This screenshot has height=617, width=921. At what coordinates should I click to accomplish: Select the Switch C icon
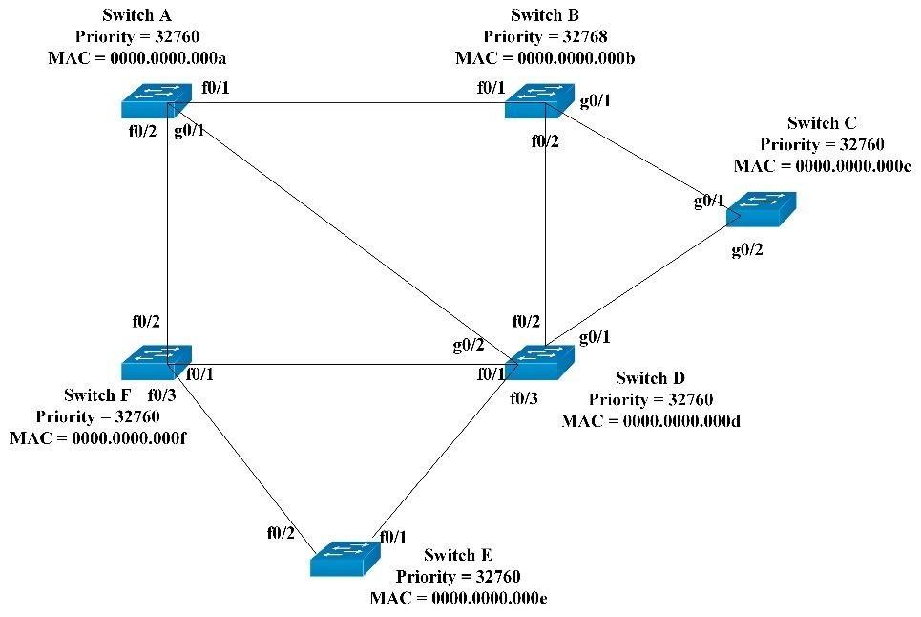pyautogui.click(x=761, y=209)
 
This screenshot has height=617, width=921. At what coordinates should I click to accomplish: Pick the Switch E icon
pyautogui.click(x=345, y=558)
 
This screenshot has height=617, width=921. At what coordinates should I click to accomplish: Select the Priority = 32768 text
pyautogui.click(x=545, y=37)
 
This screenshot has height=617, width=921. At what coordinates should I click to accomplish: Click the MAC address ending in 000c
pyautogui.click(x=822, y=165)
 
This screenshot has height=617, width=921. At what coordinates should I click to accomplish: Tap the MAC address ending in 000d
pyautogui.click(x=651, y=421)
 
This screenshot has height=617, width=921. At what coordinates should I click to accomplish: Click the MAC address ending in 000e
pyautogui.click(x=458, y=598)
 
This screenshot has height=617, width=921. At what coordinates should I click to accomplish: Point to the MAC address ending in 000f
pyautogui.click(x=97, y=438)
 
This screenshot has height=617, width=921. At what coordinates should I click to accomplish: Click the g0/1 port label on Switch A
pyautogui.click(x=189, y=130)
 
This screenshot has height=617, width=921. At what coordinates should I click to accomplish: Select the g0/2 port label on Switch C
pyautogui.click(x=747, y=250)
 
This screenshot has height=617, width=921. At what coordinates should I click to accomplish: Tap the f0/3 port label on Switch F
pyautogui.click(x=161, y=394)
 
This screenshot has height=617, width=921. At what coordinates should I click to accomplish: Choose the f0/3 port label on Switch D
pyautogui.click(x=524, y=397)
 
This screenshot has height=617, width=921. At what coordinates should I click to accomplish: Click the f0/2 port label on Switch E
pyautogui.click(x=281, y=533)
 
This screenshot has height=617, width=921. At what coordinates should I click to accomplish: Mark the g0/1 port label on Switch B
pyautogui.click(x=596, y=100)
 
